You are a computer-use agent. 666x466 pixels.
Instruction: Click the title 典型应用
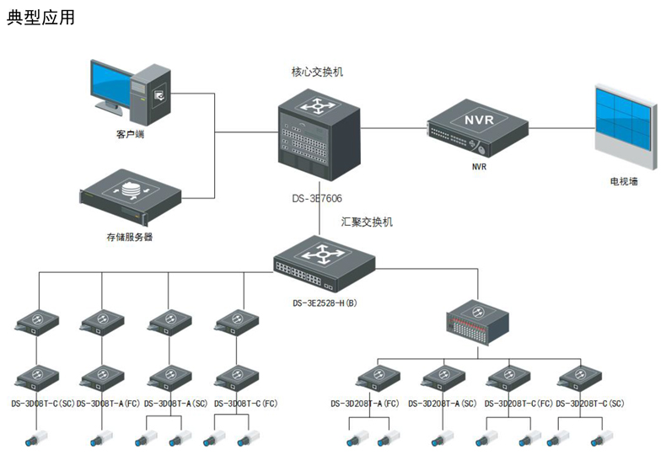(x=40, y=17)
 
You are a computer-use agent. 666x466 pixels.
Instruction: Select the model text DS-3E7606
(x=319, y=199)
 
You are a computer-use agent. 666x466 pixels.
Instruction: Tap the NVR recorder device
(x=473, y=127)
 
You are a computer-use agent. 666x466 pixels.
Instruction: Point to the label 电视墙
(x=623, y=180)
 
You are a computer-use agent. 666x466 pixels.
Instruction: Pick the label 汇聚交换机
(x=367, y=222)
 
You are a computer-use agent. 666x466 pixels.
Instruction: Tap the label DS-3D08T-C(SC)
(x=43, y=404)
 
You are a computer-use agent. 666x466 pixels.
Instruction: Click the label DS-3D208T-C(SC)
(x=590, y=404)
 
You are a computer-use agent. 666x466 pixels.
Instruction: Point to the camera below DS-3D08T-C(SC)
(x=35, y=439)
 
